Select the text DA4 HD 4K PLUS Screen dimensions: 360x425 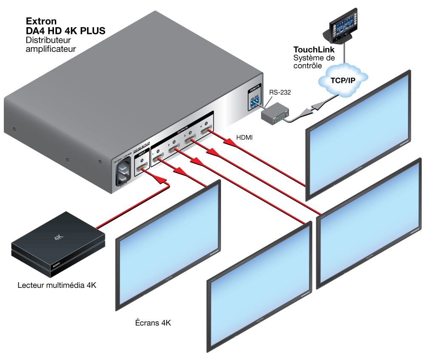click(65, 31)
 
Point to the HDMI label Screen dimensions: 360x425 click(245, 138)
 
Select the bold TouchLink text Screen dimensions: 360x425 click(314, 50)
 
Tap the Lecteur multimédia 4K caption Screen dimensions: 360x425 click(57, 285)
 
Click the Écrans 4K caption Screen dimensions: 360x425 click(150, 323)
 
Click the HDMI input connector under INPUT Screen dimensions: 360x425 click(142, 170)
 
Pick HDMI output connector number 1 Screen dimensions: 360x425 click(159, 159)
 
